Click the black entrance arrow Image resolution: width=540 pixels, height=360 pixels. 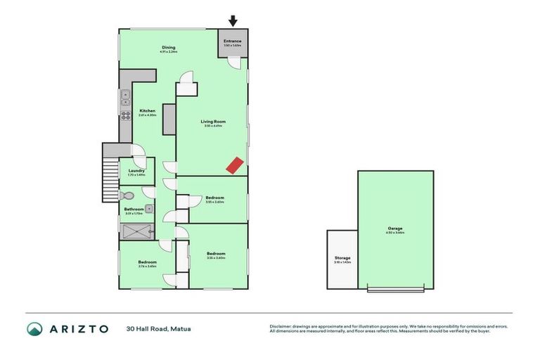tap(233, 22)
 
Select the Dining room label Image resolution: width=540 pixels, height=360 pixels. tap(168, 48)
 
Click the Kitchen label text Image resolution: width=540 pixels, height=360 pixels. tap(147, 111)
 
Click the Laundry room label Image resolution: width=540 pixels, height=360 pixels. tap(137, 170)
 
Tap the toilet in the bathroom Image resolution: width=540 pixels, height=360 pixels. tap(127, 195)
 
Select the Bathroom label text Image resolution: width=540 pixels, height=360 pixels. tap(134, 209)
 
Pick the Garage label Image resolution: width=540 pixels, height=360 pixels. tap(396, 229)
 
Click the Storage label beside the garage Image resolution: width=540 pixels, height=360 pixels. tap(342, 258)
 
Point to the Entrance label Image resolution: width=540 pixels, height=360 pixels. tap(233, 41)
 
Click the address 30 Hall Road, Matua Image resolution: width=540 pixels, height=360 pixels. tap(158, 328)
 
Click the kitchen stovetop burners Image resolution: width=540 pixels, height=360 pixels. tap(126, 115)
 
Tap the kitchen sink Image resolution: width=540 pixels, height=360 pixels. tap(125, 96)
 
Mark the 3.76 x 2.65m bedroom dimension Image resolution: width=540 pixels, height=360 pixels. tap(147, 266)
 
